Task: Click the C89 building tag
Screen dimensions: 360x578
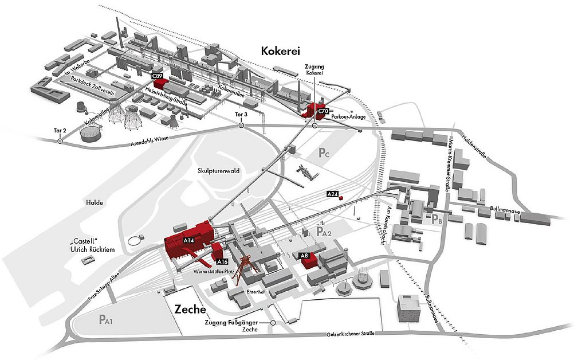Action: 156,76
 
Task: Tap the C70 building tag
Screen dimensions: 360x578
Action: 323,109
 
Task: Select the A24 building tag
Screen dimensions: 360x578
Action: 332,195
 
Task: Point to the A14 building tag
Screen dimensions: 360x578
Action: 190,241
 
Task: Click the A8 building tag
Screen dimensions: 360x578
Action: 304,255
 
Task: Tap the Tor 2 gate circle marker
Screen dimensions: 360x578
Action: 60,140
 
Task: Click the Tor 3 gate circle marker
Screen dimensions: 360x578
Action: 241,124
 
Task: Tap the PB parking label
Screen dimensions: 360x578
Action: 437,218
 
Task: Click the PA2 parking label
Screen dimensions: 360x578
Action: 324,232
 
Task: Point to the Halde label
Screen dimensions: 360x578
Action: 94,202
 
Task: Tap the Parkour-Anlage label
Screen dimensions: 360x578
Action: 347,118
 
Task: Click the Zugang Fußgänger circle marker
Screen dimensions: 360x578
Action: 273,323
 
